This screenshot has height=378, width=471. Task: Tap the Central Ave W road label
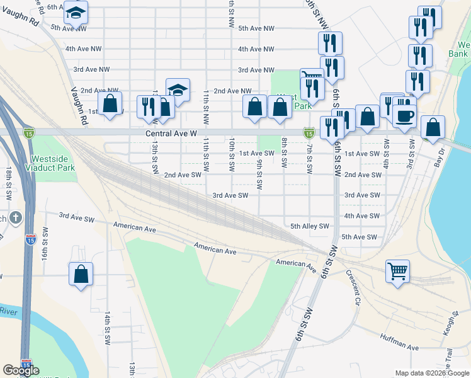tap(171, 134)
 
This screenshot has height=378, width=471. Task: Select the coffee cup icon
tap(404, 115)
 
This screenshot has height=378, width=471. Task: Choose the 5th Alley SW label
tap(310, 226)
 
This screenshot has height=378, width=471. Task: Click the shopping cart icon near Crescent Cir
tap(397, 272)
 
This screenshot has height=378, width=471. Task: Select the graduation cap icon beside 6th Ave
tap(76, 12)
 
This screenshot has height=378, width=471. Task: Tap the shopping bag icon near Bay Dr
tap(433, 127)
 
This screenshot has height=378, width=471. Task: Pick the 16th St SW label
tap(45, 241)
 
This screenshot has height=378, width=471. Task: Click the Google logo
tap(21, 370)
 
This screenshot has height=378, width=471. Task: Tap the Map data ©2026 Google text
tap(431, 373)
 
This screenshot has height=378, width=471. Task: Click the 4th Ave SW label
tap(362, 215)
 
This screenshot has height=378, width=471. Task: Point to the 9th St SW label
tap(259, 174)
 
